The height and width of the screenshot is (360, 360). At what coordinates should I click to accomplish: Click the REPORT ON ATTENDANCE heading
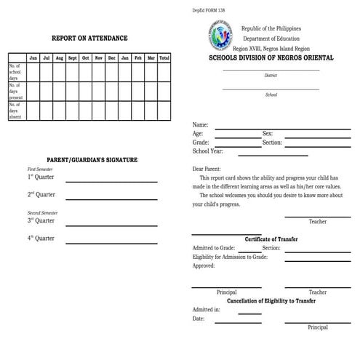tap(89, 38)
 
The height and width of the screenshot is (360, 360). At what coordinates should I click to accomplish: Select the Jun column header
tap(33, 57)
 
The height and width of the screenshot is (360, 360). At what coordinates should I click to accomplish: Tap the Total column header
tap(164, 57)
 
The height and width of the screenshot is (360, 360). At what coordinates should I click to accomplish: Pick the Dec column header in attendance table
tap(112, 57)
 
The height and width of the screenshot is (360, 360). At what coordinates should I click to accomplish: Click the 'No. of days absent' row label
tap(16, 111)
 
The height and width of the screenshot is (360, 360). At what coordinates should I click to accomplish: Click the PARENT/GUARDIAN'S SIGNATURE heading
tap(92, 159)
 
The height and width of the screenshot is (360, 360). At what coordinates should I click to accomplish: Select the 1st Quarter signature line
tap(112, 180)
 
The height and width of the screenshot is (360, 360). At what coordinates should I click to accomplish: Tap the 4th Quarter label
tap(41, 238)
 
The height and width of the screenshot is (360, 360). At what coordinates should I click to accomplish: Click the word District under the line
tap(271, 75)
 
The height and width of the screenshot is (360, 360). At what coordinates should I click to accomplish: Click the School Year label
tap(209, 151)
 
